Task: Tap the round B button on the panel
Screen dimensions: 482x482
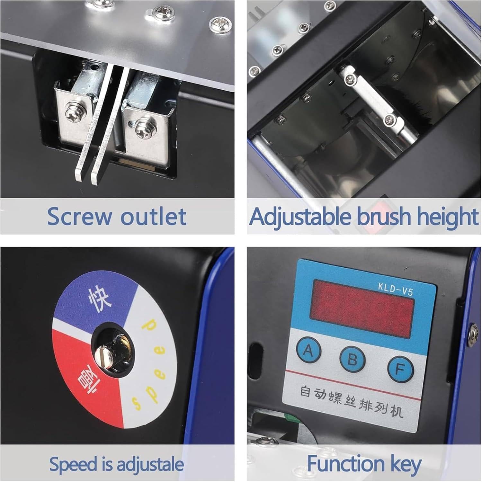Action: [353, 359]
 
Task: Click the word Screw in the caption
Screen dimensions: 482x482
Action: [79, 216]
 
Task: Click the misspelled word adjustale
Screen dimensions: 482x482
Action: [150, 464]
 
